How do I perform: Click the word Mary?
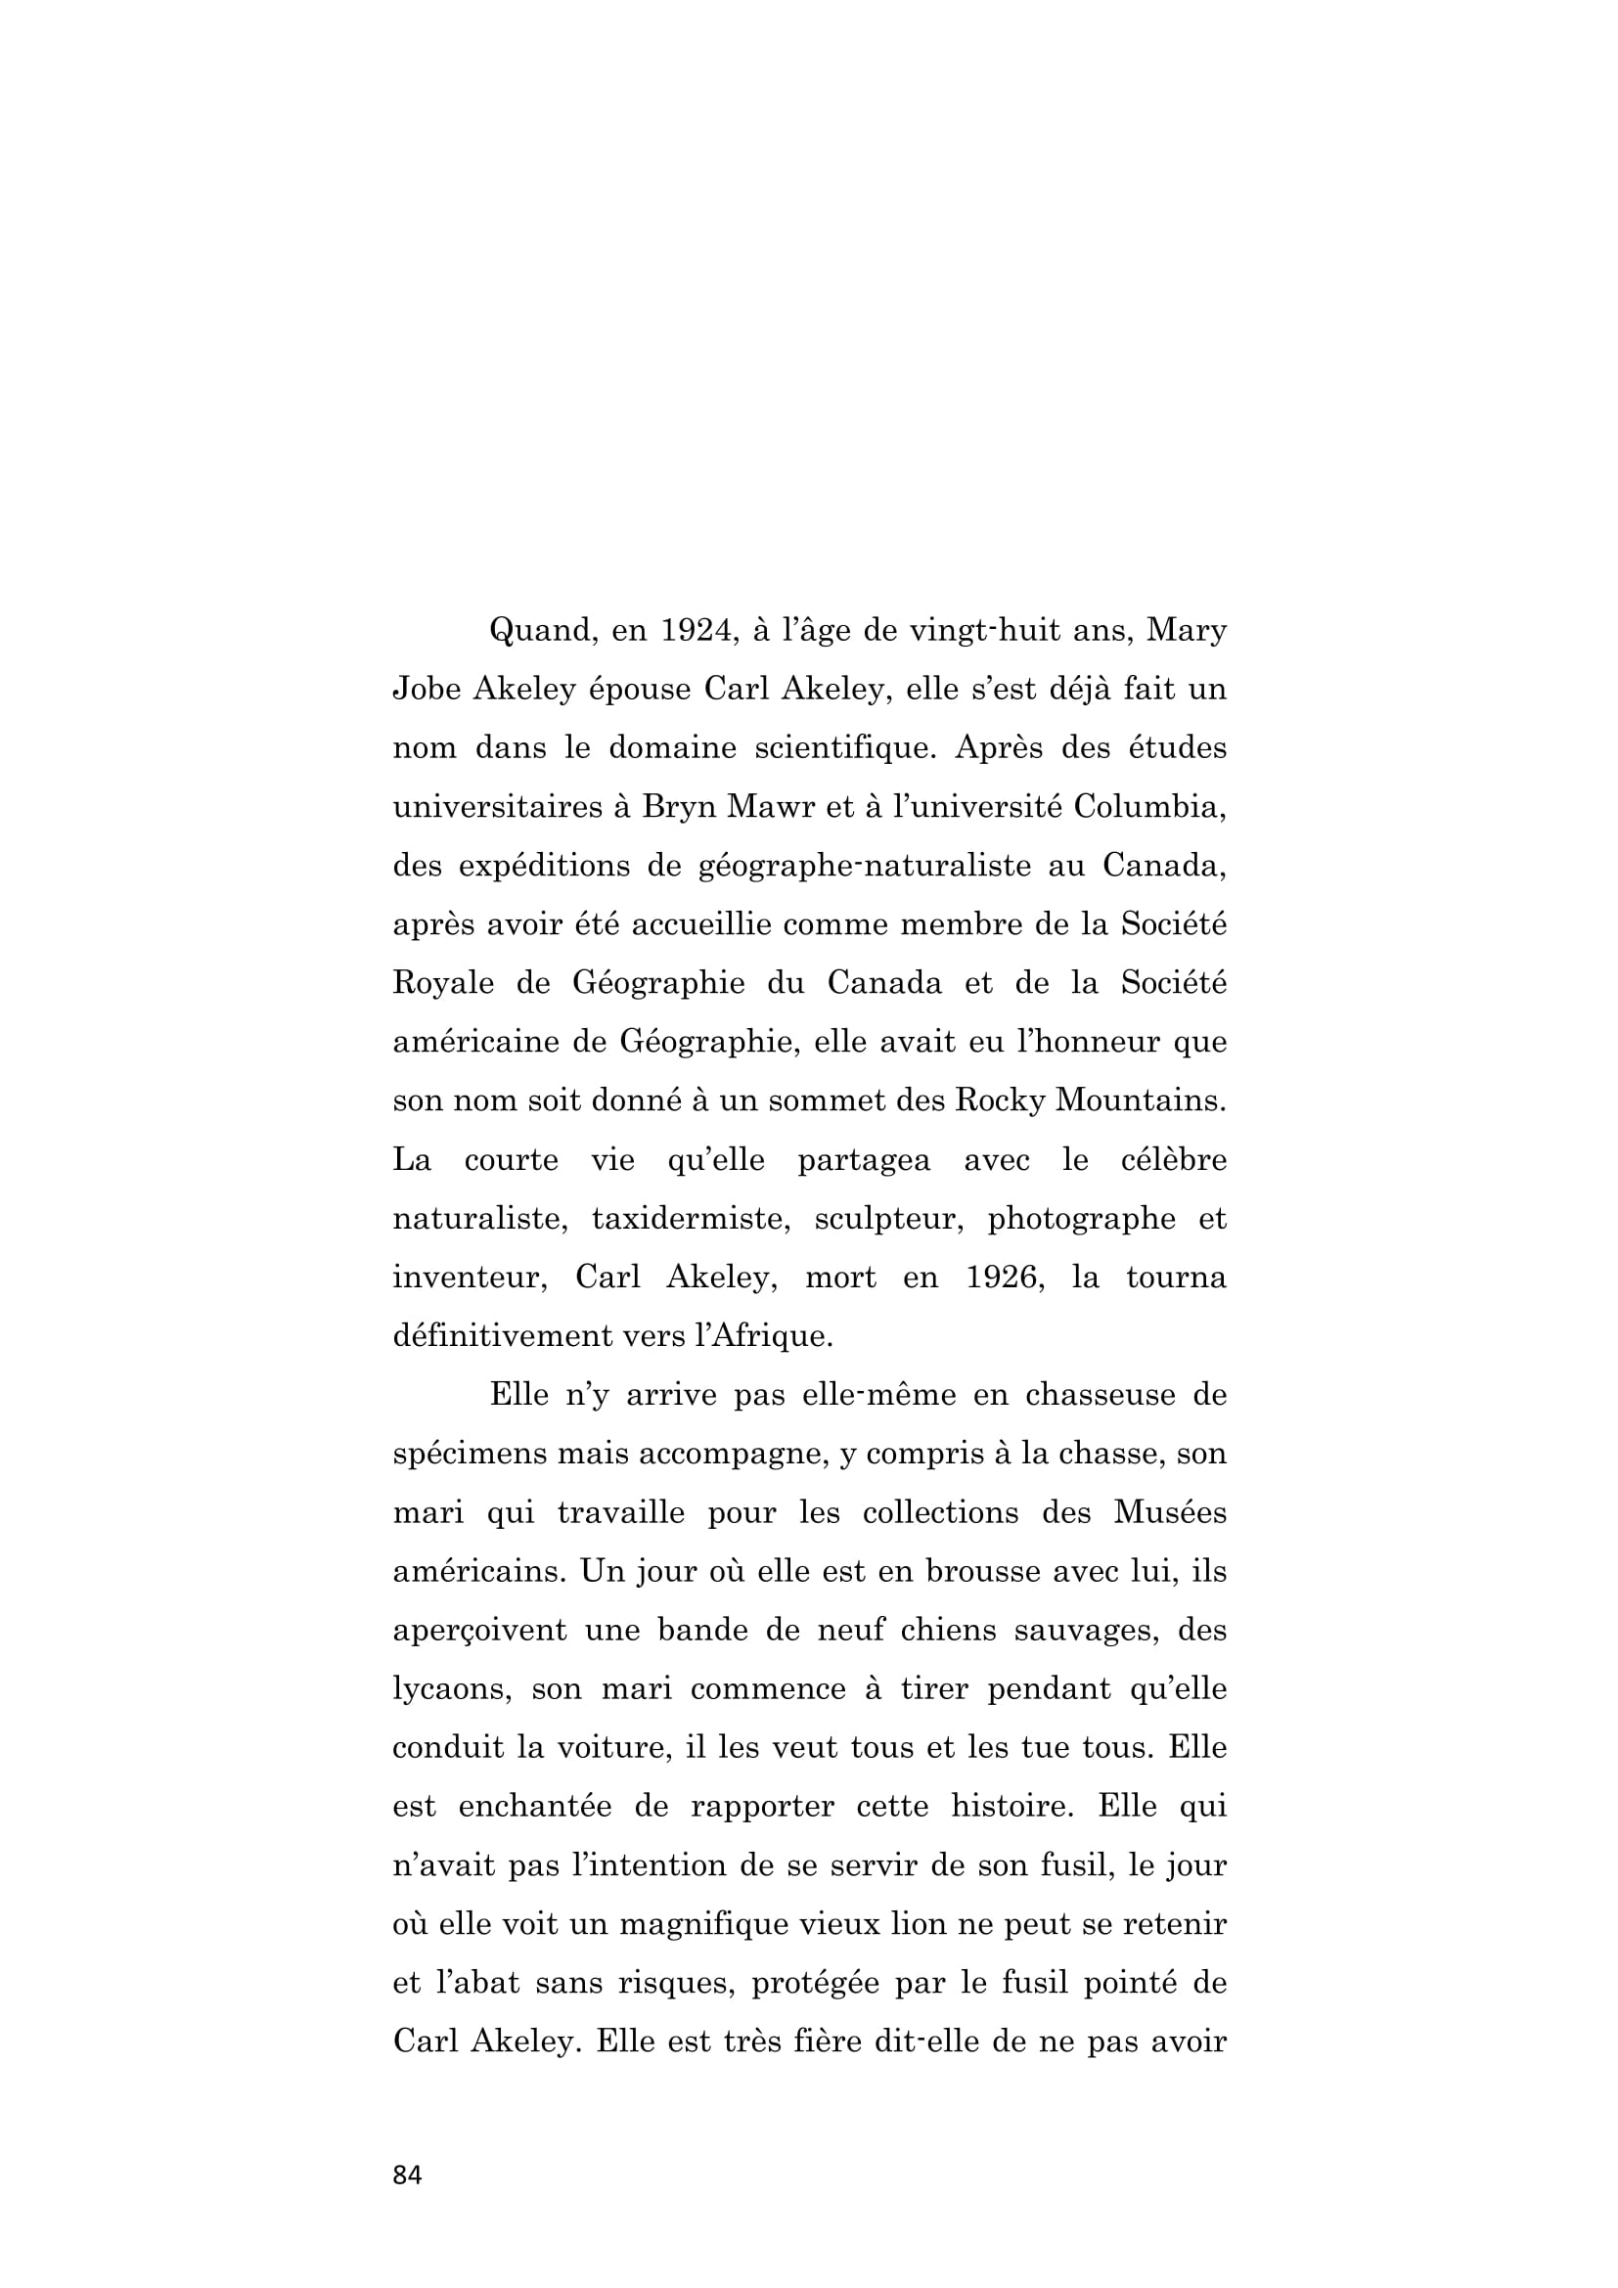click(x=1186, y=632)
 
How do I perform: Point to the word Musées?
click(x=1170, y=1512)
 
